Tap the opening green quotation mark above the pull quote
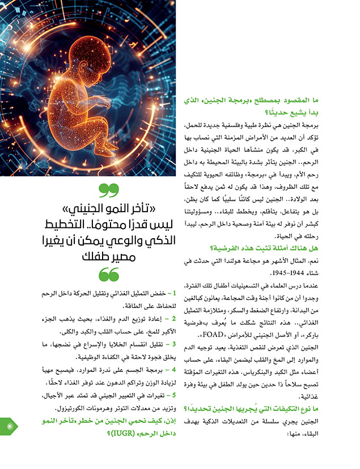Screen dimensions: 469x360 (x=105, y=189)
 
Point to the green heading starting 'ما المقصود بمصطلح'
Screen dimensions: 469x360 (x=269, y=100)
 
